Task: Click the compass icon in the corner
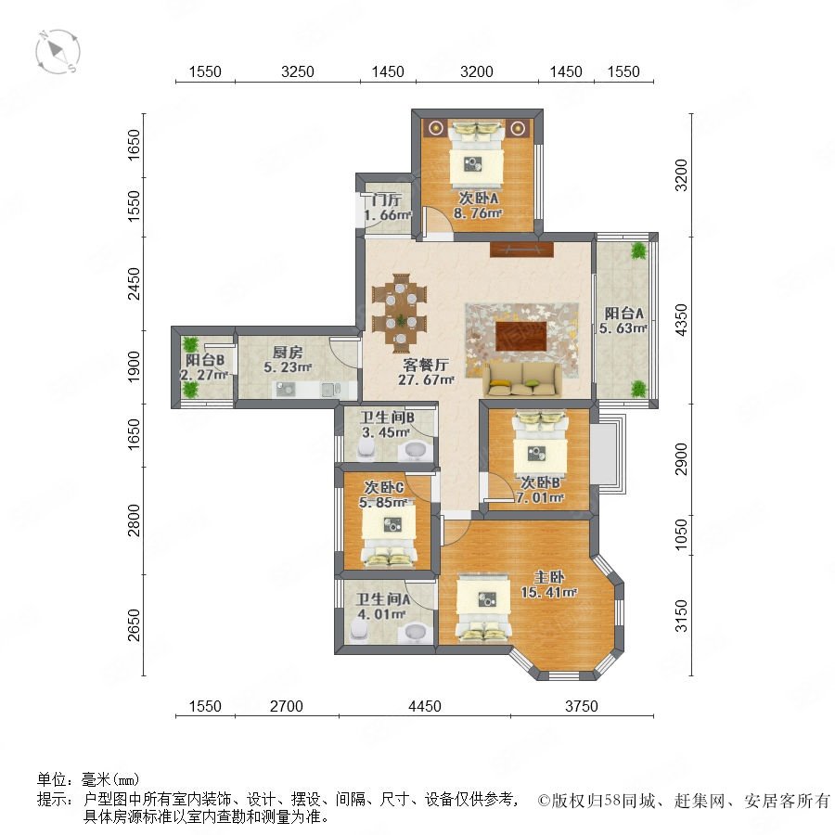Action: [58, 52]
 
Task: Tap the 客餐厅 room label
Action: [426, 366]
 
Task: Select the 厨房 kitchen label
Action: [288, 352]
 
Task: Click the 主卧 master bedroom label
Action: [549, 577]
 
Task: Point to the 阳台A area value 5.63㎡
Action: [623, 328]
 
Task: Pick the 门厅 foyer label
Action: [387, 199]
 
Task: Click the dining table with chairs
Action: [399, 314]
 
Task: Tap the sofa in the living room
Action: [522, 379]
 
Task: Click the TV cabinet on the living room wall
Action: [521, 250]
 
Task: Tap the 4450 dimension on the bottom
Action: [424, 706]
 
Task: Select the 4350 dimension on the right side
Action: [681, 319]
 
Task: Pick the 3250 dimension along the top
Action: [297, 71]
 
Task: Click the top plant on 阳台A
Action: [638, 250]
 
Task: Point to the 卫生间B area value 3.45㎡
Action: [386, 432]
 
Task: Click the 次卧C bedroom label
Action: [384, 487]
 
